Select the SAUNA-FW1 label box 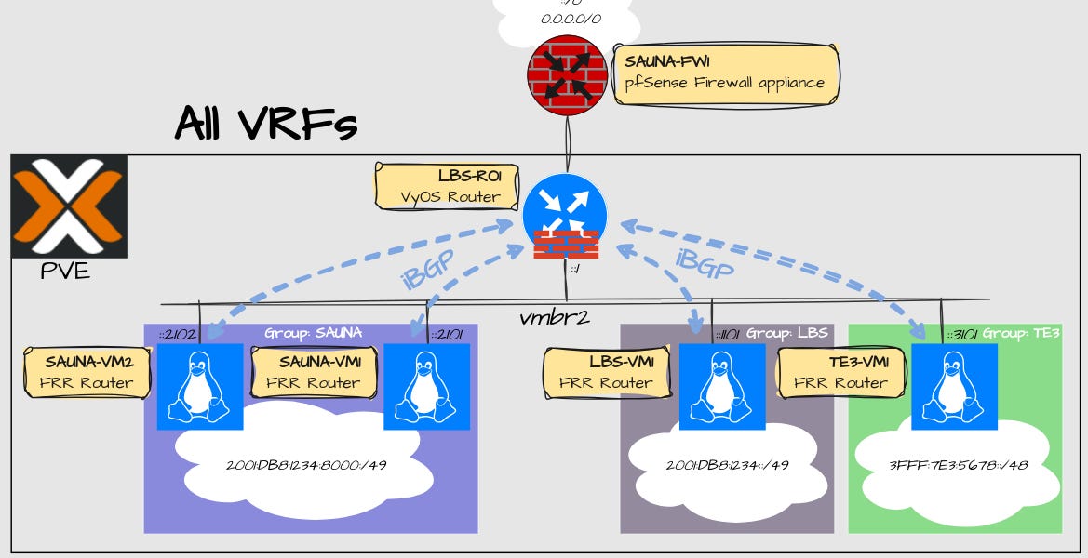726,73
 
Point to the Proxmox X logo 69,206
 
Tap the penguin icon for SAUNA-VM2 199,386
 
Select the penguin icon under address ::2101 426,386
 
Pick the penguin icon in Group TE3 954,386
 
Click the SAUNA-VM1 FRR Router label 314,372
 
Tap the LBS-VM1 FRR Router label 606,372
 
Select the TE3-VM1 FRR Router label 840,372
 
